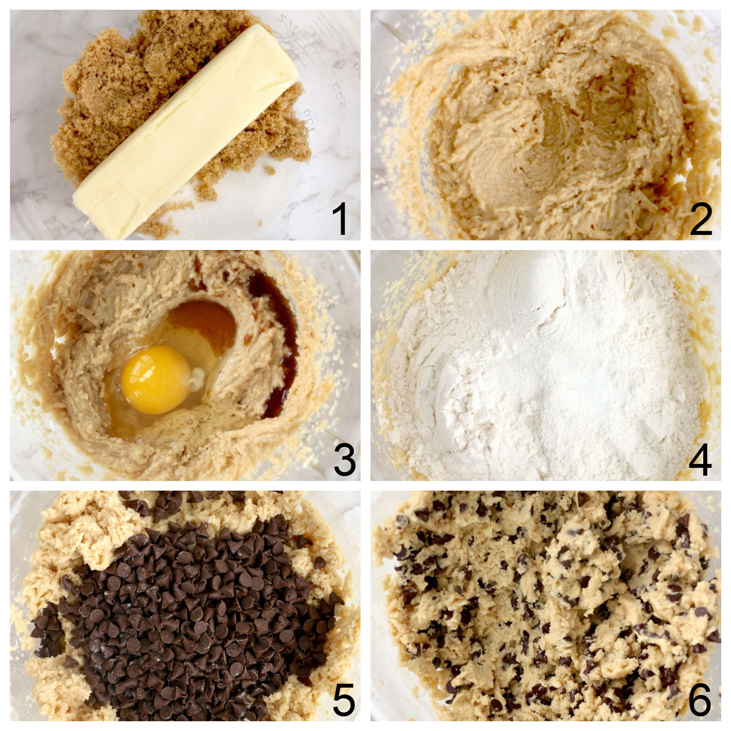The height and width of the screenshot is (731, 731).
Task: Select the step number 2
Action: tap(701, 219)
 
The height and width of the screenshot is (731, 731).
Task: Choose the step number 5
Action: tap(344, 700)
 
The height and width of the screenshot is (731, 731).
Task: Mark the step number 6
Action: tap(700, 700)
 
